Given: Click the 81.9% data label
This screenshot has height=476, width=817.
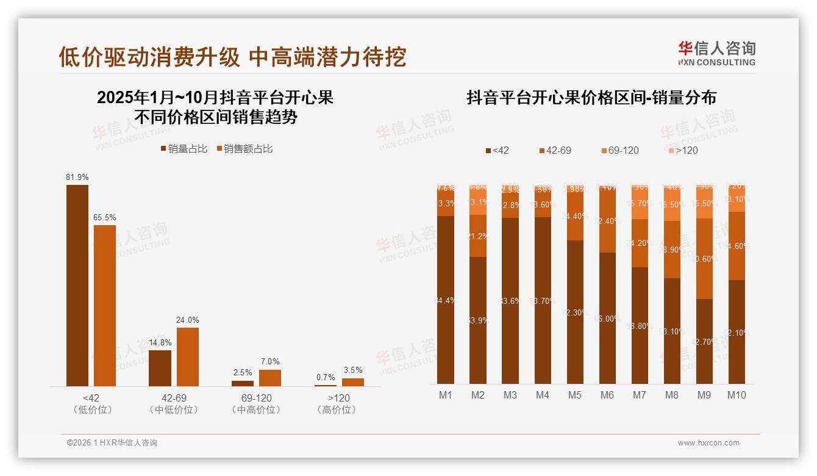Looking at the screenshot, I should pos(77,177).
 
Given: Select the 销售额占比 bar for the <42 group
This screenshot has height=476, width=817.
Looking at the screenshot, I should pos(105,305).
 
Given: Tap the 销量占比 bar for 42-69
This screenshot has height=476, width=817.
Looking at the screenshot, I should pos(160,368).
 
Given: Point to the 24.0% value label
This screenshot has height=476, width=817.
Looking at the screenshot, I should pos(188,320).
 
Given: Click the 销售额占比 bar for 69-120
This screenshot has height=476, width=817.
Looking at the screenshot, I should pos(270,378).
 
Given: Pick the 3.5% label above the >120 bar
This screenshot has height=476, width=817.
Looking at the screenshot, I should pos(352,370).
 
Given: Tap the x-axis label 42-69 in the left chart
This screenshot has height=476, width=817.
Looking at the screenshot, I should pos(174,398).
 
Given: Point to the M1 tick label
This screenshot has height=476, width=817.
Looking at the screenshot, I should pos(446,395).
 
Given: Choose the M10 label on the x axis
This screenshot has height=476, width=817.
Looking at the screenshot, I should pos(737,395).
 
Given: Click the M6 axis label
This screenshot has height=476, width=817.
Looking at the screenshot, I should pos(607,395).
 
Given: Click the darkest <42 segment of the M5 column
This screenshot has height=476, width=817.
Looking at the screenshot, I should pos(575,311).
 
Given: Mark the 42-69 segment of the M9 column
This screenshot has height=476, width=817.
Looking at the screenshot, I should pos(704,259).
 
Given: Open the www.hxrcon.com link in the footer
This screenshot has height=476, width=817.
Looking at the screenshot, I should pos(708,442).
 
